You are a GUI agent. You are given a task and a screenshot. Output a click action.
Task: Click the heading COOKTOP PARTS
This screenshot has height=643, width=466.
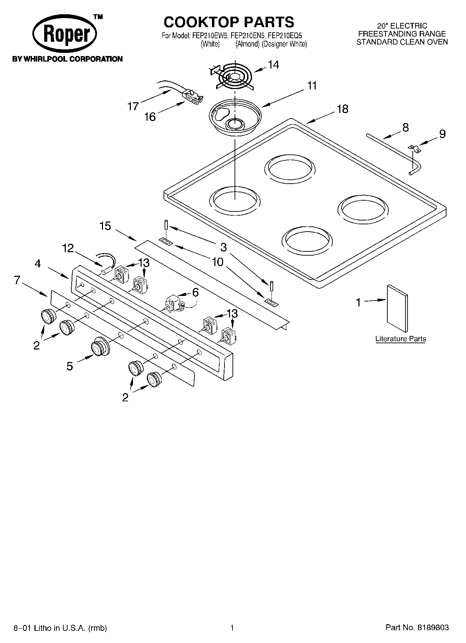tap(229, 22)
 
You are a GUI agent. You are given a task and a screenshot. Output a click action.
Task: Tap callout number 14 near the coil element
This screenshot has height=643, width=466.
tap(273, 65)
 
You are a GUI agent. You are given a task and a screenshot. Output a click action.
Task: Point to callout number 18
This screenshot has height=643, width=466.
tap(342, 109)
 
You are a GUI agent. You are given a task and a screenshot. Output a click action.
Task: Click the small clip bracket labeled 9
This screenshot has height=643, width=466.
tap(414, 148)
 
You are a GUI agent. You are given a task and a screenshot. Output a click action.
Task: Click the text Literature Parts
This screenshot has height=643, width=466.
tap(401, 339)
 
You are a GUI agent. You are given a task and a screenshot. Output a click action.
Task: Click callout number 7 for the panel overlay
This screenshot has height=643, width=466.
tap(17, 280)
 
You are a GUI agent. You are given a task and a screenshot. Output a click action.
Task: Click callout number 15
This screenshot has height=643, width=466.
tap(105, 226)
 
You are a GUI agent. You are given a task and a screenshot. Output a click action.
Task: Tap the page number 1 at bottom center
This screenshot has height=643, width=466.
tap(232, 628)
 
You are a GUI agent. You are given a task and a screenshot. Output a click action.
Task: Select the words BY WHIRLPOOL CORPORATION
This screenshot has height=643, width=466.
tap(68, 59)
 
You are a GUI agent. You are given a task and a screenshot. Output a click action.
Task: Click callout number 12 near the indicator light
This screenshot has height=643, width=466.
tap(68, 248)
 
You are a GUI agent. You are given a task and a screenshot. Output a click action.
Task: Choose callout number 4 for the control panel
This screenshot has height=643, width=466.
tap(38, 264)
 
